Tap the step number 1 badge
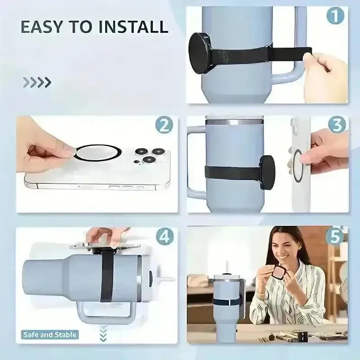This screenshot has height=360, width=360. tap(335, 15)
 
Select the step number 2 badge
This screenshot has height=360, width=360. tap(164, 125)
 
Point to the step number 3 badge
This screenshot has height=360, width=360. tap(337, 125)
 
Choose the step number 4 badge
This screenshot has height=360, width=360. tap(165, 237)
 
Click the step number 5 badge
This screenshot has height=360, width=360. tap(335, 236)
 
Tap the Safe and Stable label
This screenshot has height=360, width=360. tap(50, 335)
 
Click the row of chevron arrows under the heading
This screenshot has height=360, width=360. tap(37, 82)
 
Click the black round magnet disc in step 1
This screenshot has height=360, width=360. tap(199, 53)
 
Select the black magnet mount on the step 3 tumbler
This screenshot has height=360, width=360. tap(267, 171)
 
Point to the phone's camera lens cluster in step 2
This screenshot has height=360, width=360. tap(149, 156)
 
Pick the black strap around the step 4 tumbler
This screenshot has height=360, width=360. tap(107, 275)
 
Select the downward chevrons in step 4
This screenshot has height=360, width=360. tap(103, 333)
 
